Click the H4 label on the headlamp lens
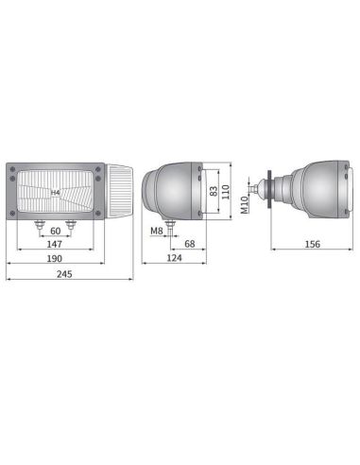click(x=55, y=192)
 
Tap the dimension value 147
click(x=54, y=245)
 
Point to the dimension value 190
click(x=54, y=257)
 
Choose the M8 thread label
click(x=156, y=230)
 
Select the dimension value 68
click(x=189, y=245)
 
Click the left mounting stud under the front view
click(x=39, y=225)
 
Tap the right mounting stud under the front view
click(x=70, y=225)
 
